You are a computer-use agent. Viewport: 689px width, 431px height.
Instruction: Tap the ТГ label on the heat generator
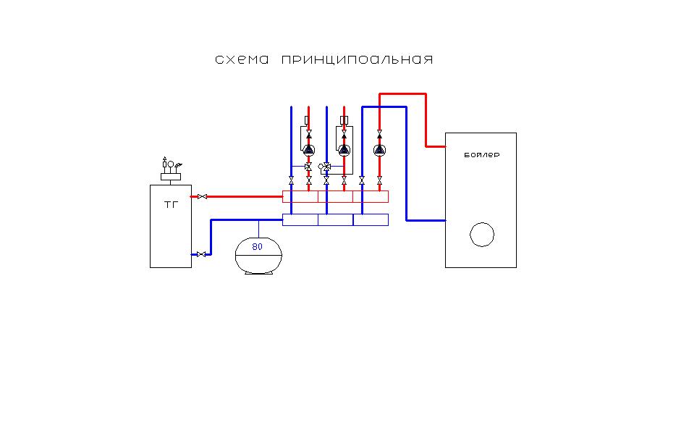pyautogui.click(x=171, y=204)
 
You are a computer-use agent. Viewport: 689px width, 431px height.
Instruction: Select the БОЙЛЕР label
pyautogui.click(x=481, y=155)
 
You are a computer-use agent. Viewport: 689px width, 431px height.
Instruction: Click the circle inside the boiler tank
pyautogui.click(x=481, y=234)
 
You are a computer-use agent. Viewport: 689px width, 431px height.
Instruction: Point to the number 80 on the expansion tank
pyautogui.click(x=257, y=246)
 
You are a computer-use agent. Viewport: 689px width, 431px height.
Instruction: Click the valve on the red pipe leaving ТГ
pyautogui.click(x=203, y=196)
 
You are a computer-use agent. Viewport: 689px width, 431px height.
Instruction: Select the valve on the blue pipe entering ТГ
pyautogui.click(x=202, y=254)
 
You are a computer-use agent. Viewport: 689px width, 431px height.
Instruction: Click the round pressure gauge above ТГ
pyautogui.click(x=171, y=163)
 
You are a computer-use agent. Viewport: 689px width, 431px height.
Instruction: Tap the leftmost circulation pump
pyautogui.click(x=309, y=151)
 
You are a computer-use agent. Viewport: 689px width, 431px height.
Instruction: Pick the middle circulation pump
pyautogui.click(x=344, y=151)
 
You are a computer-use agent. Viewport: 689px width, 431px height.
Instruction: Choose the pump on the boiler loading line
pyautogui.click(x=379, y=151)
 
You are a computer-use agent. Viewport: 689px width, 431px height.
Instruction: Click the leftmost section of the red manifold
pyautogui.click(x=300, y=196)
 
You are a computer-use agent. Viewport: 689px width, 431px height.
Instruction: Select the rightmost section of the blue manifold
pyautogui.click(x=371, y=219)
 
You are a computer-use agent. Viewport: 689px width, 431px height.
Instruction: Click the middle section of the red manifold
pyautogui.click(x=335, y=196)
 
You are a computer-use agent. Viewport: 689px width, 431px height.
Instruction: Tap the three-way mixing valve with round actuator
pyautogui.click(x=324, y=167)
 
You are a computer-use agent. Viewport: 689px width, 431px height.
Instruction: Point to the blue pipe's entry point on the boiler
pyautogui.click(x=445, y=219)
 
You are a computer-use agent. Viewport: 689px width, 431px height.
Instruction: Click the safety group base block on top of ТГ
pyautogui.click(x=171, y=176)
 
